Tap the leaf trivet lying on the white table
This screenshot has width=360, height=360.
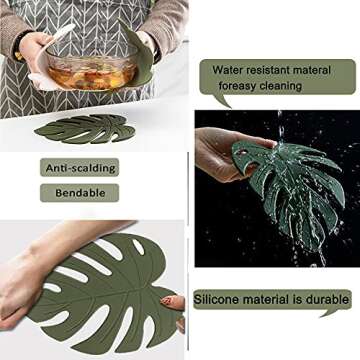tap(85, 129)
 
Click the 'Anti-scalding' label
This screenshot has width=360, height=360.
tap(79, 168)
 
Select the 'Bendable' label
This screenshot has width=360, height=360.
tap(79, 192)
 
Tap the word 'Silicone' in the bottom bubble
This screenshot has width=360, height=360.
tap(219, 299)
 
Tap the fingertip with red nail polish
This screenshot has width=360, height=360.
tap(172, 301)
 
